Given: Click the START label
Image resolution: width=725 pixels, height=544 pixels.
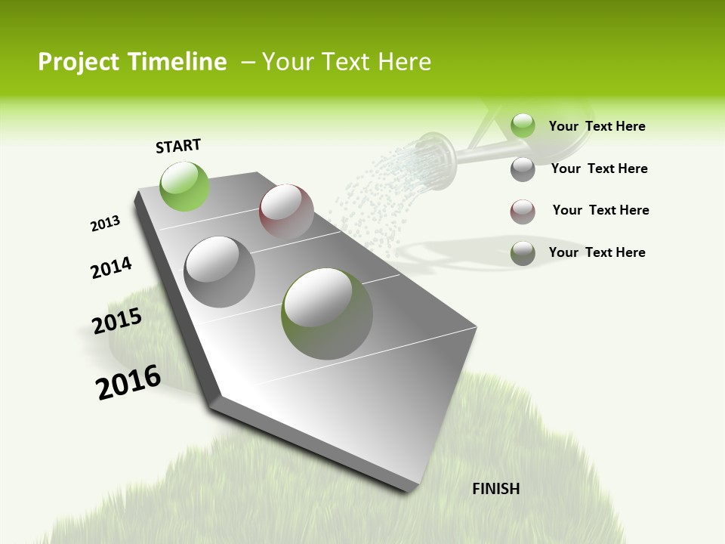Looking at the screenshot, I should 178,146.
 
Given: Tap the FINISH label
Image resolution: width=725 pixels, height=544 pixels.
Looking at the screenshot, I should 495,489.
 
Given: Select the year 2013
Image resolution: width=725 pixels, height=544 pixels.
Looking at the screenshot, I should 105,224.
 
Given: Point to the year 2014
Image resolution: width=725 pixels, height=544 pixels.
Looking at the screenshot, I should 111,267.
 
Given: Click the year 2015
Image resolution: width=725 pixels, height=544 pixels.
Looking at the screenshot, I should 116,321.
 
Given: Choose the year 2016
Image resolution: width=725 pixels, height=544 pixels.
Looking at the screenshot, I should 128,382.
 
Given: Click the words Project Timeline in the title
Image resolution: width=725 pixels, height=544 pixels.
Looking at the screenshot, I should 132,62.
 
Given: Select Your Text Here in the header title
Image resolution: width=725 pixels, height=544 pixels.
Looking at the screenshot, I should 347,62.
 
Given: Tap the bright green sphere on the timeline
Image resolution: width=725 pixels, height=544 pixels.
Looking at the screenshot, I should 184,186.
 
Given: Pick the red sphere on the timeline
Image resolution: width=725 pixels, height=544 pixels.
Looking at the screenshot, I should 286,212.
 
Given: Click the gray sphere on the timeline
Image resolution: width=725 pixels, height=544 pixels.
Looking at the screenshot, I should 220,271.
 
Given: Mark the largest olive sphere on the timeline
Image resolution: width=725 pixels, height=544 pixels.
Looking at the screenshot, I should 327,313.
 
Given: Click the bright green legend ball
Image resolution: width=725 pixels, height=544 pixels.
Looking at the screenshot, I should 523,125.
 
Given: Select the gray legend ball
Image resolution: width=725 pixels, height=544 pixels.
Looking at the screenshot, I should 523,169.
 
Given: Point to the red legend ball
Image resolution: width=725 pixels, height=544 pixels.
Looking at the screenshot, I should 523,212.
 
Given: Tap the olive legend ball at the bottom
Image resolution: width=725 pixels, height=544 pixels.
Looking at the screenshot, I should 523,253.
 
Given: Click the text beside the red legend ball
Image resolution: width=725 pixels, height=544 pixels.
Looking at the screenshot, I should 600,210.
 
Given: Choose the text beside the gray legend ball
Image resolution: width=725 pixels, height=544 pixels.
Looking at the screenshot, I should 599,168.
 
